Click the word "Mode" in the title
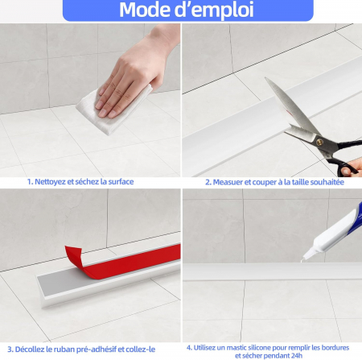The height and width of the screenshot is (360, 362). pyautogui.click(x=144, y=10)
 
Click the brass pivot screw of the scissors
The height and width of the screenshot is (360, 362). pyautogui.click(x=319, y=142)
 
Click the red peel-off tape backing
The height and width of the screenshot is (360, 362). pyautogui.click(x=122, y=262)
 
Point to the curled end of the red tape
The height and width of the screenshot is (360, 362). pyautogui.click(x=73, y=256)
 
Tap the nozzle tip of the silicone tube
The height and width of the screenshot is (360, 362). pyautogui.click(x=304, y=259)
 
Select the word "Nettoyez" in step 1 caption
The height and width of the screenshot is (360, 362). pyautogui.click(x=50, y=182)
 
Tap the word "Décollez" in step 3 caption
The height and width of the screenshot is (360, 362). pyautogui.click(x=30, y=350)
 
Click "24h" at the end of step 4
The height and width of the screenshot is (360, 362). pyautogui.click(x=297, y=356)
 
